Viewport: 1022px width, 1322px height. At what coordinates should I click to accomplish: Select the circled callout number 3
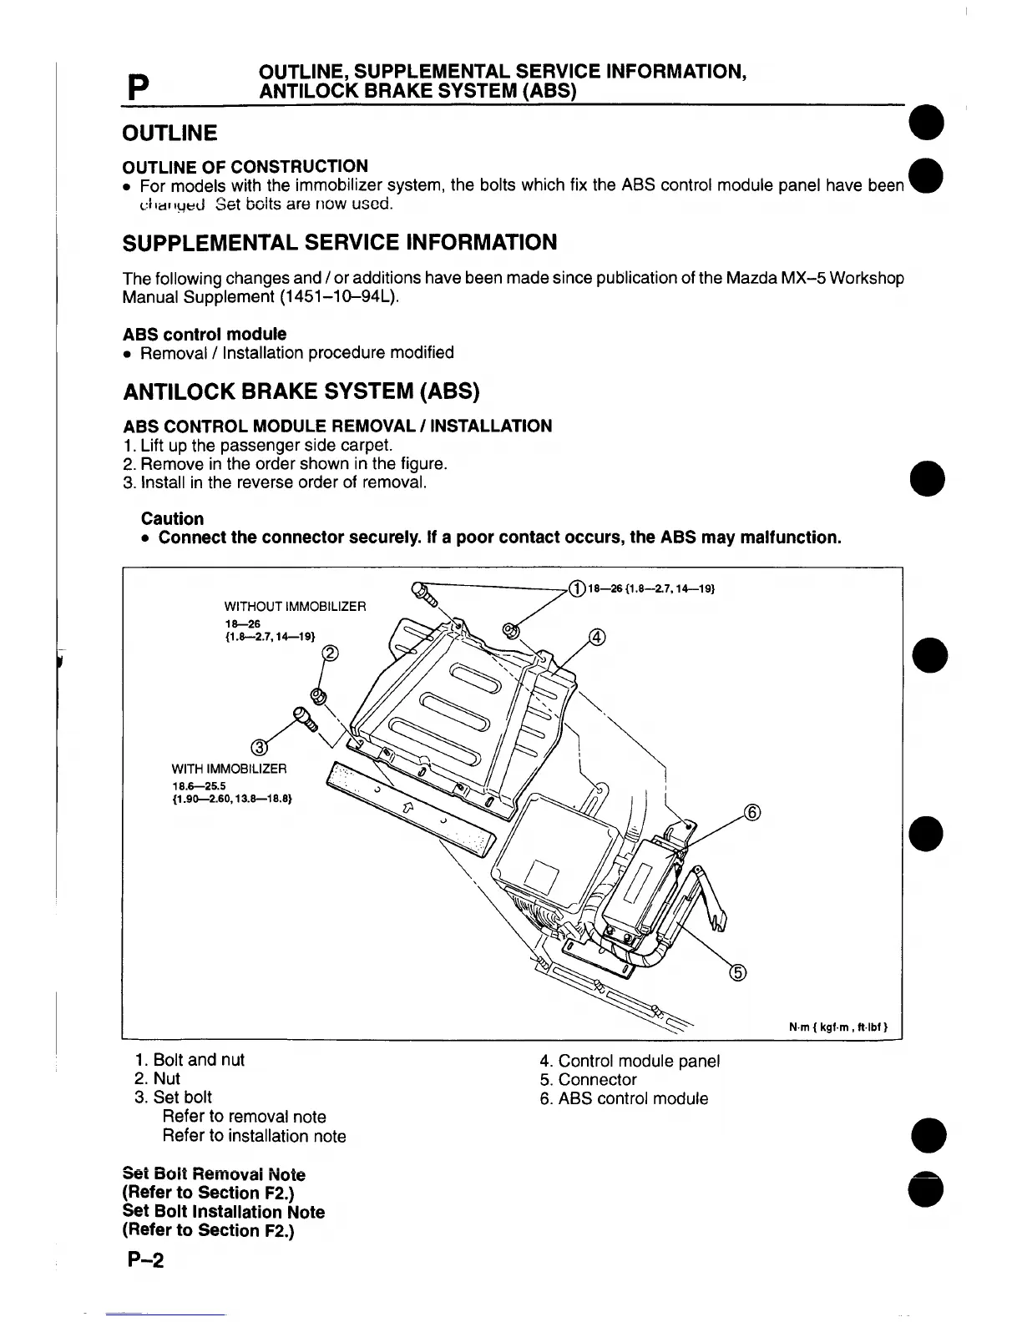pyautogui.click(x=260, y=745)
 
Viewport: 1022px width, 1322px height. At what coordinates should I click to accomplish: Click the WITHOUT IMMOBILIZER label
pyautogui.click(x=295, y=605)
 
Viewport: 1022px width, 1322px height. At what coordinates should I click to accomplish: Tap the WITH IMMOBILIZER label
pyautogui.click(x=229, y=768)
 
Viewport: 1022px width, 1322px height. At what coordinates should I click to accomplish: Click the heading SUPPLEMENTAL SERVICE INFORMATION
pyautogui.click(x=339, y=243)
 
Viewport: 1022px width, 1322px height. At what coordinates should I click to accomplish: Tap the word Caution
pyautogui.click(x=172, y=518)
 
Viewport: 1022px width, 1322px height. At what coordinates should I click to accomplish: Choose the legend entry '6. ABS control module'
pyautogui.click(x=624, y=1098)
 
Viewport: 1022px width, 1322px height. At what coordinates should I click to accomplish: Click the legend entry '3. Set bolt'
pyautogui.click(x=174, y=1097)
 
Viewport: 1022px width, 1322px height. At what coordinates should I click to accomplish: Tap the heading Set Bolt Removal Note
pyautogui.click(x=214, y=1174)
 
